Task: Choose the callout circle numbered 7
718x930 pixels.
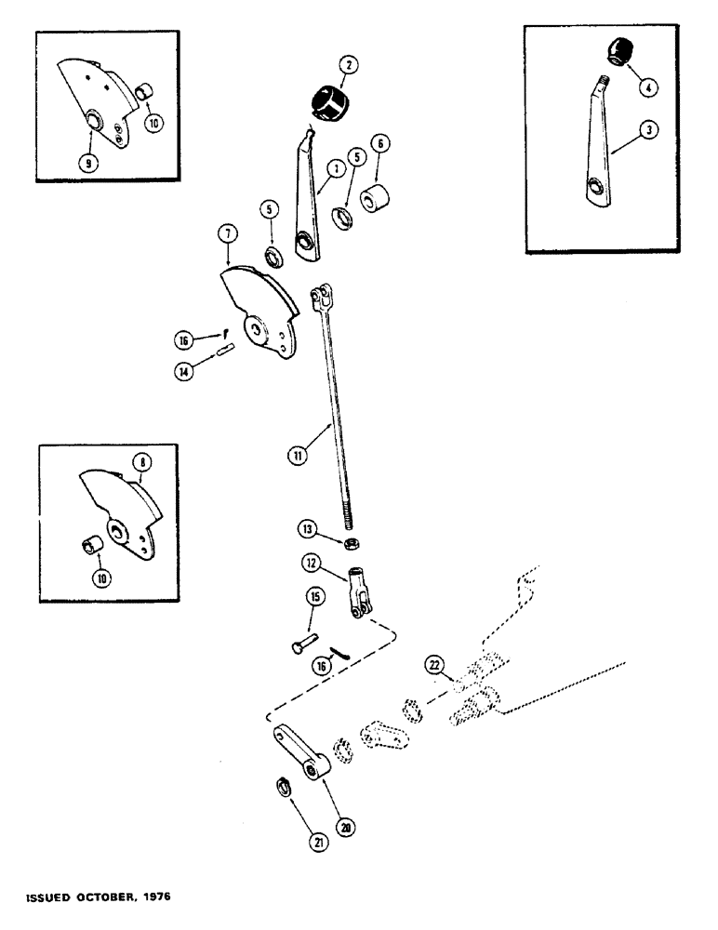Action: pos(230,232)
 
